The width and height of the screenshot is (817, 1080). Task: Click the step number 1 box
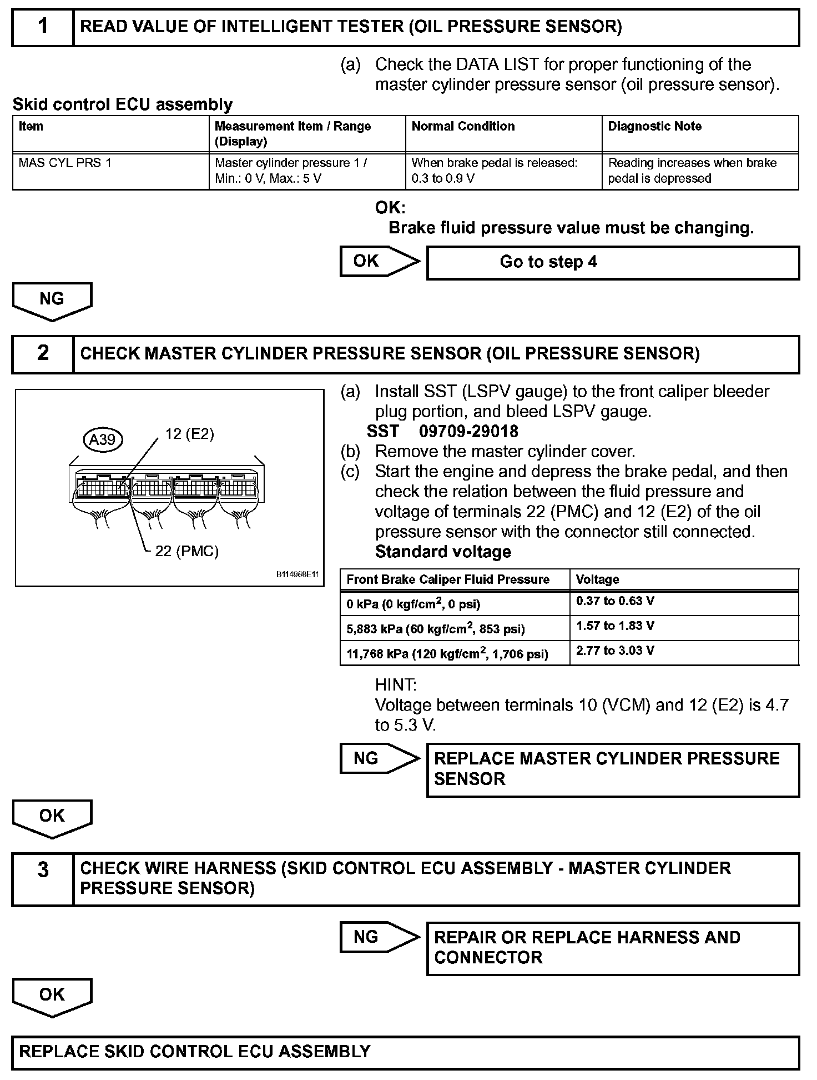tap(43, 27)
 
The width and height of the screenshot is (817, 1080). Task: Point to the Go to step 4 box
tap(613, 262)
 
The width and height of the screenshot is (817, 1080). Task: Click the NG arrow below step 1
tap(52, 301)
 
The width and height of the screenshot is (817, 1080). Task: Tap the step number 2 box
tap(43, 354)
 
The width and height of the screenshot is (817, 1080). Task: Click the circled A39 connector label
tap(103, 439)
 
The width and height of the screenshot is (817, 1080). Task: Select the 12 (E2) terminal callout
tap(189, 434)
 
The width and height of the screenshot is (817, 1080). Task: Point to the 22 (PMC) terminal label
tap(186, 551)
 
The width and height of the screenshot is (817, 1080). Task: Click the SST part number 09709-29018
tap(468, 432)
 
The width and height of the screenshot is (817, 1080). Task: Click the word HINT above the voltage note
tap(396, 684)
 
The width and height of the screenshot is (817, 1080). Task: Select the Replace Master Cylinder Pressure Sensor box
tap(613, 769)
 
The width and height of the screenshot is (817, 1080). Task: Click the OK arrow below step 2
tap(52, 818)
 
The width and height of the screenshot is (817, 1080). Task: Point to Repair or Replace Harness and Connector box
tap(613, 948)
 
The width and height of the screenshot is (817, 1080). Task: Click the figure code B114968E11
tap(297, 575)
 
